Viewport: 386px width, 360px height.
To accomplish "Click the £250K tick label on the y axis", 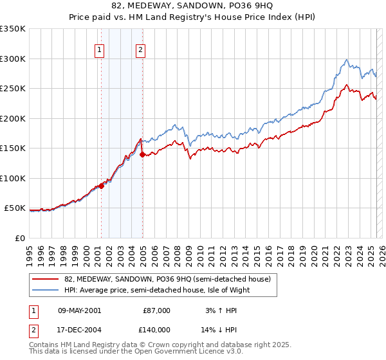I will (x=12, y=89).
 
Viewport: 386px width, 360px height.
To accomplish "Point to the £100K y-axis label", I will (x=12, y=178).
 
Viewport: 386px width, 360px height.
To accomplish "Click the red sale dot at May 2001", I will (x=101, y=186).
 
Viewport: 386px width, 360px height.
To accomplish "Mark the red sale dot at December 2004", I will (x=142, y=154).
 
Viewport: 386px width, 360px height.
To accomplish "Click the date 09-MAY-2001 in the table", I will (x=80, y=310).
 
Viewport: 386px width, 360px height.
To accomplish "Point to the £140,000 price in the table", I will (x=157, y=328).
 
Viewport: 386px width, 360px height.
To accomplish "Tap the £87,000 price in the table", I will (x=157, y=310).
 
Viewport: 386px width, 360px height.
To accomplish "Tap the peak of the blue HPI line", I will (x=347, y=60).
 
